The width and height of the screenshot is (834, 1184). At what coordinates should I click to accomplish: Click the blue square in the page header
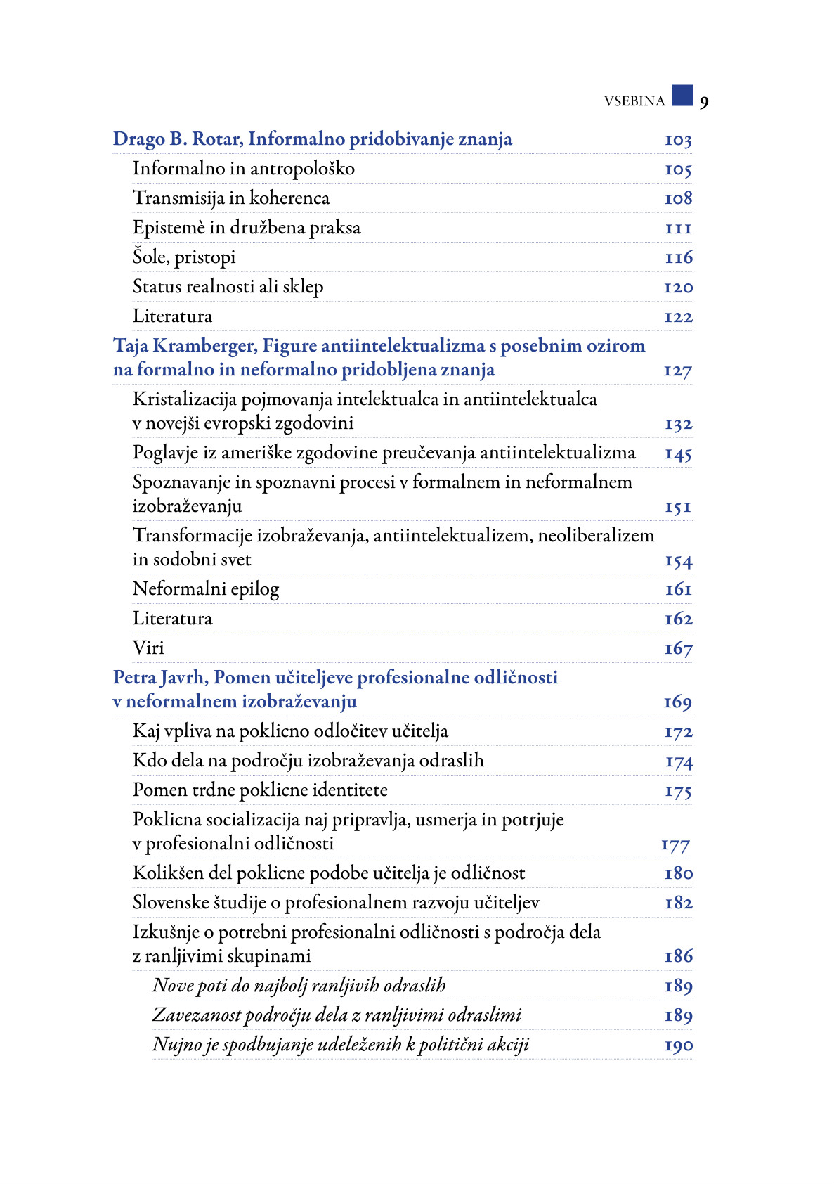(682, 95)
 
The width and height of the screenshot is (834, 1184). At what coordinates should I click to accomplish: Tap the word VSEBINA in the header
(634, 101)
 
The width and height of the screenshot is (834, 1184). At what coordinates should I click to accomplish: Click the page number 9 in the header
(704, 103)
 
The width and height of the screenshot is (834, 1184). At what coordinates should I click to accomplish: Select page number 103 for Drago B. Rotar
(678, 141)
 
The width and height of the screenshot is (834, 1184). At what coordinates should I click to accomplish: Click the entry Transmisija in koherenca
(231, 198)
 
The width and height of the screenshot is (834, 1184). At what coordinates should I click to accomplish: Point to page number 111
(679, 229)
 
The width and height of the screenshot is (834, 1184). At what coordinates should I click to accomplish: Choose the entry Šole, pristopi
(184, 257)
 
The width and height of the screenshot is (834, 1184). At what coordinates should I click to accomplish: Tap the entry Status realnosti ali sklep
(228, 287)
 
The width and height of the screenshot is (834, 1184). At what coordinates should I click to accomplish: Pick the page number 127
(677, 371)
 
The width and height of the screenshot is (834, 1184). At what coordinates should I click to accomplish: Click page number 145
(678, 454)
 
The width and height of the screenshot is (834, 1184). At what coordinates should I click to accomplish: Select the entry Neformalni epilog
(206, 589)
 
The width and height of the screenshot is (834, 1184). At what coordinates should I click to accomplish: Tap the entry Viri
(148, 648)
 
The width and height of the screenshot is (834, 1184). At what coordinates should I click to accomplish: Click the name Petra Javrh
(159, 677)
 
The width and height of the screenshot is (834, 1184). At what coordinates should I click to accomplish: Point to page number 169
(677, 702)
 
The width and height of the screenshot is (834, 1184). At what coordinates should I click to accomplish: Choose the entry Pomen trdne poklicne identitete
(260, 790)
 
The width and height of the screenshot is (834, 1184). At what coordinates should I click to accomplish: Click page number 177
(675, 845)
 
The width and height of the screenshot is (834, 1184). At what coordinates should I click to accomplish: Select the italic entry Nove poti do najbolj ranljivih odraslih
(299, 986)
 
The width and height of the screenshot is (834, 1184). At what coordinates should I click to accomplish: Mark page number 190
(678, 1045)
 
